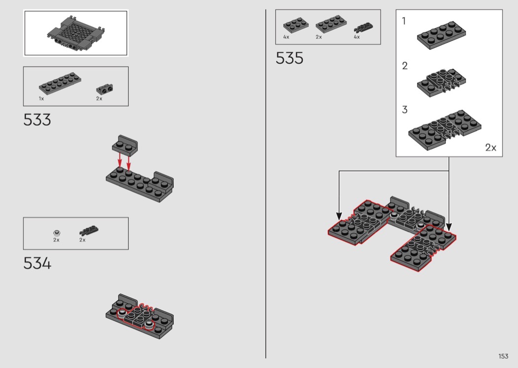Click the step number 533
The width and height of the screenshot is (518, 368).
37,119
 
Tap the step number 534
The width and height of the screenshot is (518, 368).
37,263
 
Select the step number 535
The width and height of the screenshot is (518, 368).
290,58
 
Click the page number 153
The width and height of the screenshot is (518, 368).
504,356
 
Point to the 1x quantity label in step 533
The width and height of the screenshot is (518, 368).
41,99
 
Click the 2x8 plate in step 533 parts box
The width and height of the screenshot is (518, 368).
60,83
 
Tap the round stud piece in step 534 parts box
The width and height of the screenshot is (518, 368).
57,233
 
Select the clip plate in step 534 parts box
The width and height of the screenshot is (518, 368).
89,230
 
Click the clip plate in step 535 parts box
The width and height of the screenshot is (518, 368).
364,28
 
